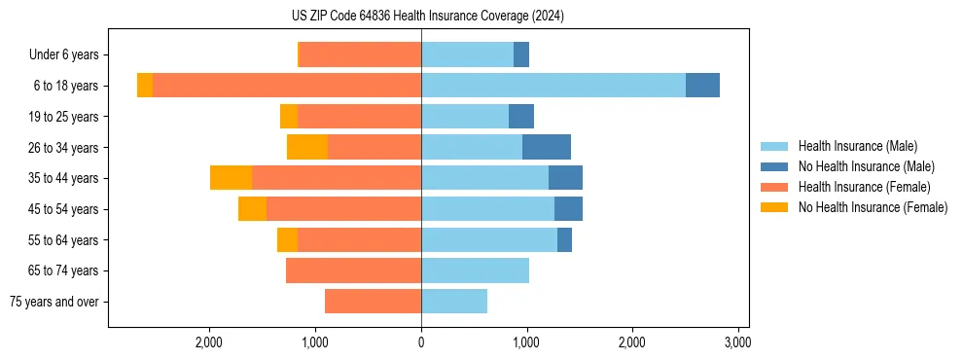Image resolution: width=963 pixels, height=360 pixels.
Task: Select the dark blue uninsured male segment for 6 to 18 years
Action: point(702,86)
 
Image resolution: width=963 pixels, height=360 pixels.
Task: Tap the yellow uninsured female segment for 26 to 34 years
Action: point(307,147)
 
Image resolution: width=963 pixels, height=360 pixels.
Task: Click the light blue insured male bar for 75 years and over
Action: point(454,302)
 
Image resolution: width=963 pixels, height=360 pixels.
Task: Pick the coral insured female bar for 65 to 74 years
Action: point(353,270)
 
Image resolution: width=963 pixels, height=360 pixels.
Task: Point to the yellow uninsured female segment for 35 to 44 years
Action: point(231,178)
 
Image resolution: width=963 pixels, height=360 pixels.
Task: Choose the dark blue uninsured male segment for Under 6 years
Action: point(521,54)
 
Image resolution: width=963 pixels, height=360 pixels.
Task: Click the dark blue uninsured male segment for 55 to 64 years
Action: point(564,239)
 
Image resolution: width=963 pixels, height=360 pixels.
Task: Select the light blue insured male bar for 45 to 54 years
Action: point(487,209)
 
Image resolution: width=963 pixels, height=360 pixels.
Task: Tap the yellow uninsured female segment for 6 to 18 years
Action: point(145,86)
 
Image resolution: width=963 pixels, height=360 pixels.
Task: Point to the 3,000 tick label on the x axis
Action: point(737,342)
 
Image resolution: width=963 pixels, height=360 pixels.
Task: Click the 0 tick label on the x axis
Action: point(421,342)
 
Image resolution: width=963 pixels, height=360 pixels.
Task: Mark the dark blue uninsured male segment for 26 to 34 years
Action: point(547,147)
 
